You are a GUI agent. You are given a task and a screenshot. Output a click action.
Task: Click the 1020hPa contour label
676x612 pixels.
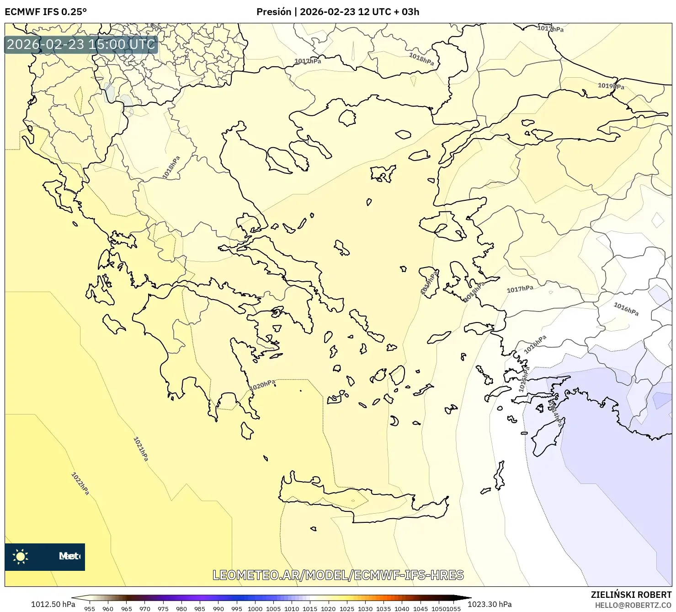(x=262, y=386)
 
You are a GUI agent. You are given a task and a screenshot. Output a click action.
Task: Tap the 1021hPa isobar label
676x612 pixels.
(x=141, y=449)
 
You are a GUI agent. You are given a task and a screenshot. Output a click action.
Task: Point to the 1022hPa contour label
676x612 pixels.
(x=80, y=483)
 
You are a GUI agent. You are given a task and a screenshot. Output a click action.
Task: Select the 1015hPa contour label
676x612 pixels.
(x=524, y=379)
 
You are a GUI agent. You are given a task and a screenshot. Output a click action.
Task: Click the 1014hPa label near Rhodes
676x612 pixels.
(x=555, y=414)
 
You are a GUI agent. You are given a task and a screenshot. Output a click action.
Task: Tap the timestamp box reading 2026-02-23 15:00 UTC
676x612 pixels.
(x=81, y=44)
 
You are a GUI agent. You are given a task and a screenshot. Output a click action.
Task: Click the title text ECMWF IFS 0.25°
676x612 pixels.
(x=46, y=12)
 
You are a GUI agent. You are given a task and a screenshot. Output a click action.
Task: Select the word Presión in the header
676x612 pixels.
(x=273, y=12)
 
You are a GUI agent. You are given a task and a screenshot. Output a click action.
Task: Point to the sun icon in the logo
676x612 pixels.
(x=21, y=556)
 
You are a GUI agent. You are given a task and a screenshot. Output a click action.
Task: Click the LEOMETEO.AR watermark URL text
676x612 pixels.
(x=338, y=575)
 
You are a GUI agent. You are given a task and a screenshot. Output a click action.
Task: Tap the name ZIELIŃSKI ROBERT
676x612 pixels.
(x=631, y=595)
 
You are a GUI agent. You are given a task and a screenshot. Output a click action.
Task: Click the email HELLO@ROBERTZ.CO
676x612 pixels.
(x=633, y=605)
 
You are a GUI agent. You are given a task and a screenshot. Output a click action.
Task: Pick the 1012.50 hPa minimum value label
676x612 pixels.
(x=53, y=604)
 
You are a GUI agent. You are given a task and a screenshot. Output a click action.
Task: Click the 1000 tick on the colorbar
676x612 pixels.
(x=255, y=608)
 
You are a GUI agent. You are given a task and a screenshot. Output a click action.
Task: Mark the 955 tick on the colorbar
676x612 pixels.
(x=90, y=608)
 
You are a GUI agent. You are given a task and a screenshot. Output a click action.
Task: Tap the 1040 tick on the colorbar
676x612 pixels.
(x=402, y=608)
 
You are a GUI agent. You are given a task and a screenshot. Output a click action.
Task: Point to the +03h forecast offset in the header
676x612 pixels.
(x=410, y=12)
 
